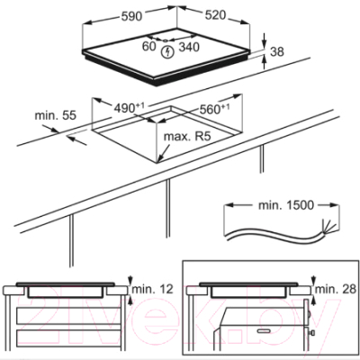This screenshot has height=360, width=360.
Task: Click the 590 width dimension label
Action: coord(131,16)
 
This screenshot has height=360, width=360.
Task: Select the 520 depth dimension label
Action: coord(215,15)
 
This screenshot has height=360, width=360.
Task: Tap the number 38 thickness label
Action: coord(276,51)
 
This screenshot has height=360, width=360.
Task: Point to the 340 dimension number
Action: coord(189,47)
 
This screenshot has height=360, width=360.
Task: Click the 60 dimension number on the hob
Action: coord(149,46)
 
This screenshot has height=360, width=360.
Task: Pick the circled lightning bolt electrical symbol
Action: coord(167,52)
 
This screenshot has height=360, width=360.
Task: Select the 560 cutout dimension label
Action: coord(214,109)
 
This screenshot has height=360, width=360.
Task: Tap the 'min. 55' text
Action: coord(56,115)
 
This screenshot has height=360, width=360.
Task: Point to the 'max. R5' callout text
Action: coord(187,137)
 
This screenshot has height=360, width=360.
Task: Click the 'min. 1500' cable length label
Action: coord(286,205)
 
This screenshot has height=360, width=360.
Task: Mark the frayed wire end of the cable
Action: coord(328,227)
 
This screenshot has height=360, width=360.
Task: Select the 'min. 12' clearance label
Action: coord(153,289)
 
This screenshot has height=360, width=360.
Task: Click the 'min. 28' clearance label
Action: coord(336,289)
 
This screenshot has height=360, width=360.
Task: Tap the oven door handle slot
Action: coord(263,330)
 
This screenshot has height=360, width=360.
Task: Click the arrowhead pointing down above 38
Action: coord(264,44)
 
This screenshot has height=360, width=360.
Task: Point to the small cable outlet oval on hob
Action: coord(166,40)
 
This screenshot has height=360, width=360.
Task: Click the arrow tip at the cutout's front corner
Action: coord(158,162)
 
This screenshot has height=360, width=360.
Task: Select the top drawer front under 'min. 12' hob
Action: coord(69,316)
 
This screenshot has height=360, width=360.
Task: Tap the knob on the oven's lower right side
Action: coord(312,333)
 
